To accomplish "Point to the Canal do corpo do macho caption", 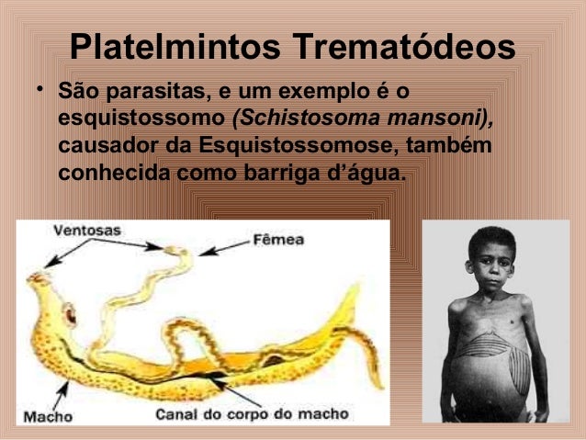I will pos(252,414).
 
